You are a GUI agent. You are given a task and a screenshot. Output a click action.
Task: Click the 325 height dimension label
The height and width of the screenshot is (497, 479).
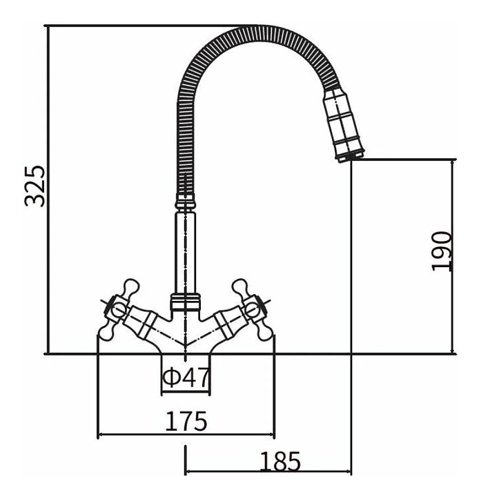tap(35, 186)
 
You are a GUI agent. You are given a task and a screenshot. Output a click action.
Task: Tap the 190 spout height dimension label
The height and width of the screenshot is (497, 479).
tap(441, 251)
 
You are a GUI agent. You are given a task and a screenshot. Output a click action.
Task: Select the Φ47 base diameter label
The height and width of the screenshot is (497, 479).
tap(186, 377)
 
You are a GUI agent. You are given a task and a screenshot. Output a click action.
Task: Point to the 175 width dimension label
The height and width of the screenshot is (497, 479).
tap(186, 421)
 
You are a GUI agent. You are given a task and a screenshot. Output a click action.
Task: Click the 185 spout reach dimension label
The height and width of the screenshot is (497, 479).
tap(280, 462)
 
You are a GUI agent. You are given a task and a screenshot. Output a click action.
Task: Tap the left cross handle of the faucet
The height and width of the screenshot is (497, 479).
tap(118, 309)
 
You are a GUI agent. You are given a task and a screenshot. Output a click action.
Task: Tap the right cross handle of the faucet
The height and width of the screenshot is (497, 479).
tap(253, 309)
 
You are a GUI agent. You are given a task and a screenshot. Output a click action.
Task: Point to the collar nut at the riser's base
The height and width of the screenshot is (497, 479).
tap(186, 302)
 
